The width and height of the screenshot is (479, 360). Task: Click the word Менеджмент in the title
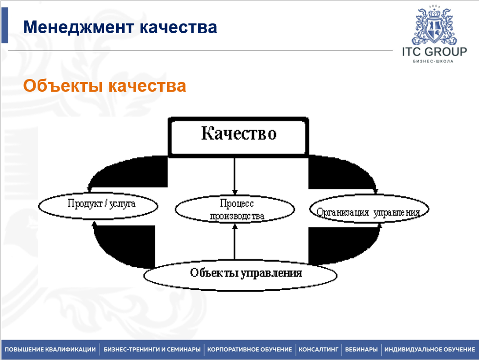pos(78,27)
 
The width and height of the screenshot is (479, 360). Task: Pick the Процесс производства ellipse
pos(235,209)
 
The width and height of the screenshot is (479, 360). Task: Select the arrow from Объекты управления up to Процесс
pos(235,241)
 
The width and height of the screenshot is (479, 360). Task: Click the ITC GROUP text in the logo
pos(434,52)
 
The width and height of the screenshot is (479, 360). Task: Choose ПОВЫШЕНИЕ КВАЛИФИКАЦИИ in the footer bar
pos(50,349)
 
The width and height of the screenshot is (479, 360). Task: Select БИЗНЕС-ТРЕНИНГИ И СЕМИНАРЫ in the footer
pos(152,349)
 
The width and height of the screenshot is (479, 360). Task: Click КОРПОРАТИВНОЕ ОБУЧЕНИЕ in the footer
pos(250,349)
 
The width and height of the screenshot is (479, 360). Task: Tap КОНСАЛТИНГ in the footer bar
pos(318,349)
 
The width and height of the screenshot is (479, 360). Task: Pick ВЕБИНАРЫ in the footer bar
pos(361,349)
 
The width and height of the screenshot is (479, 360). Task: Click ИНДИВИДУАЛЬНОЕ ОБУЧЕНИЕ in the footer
pos(429,349)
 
